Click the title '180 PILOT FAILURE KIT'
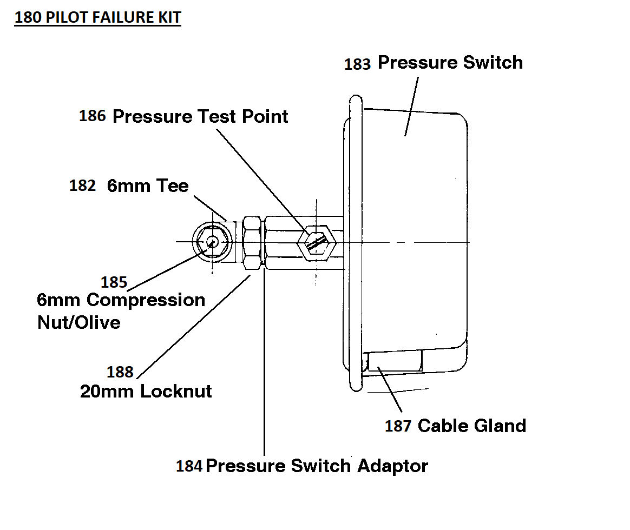[x=97, y=17]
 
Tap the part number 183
[x=357, y=64]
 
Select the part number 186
[x=92, y=116]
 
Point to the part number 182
[x=82, y=186]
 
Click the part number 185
[x=114, y=282]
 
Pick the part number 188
[x=120, y=372]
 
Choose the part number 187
[x=398, y=426]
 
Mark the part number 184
[x=189, y=466]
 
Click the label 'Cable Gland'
[x=472, y=426]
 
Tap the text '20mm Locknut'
[x=146, y=391]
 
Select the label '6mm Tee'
[x=147, y=186]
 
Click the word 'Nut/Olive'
[x=79, y=322]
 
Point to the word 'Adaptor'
[x=392, y=466]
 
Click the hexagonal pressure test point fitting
[x=316, y=243]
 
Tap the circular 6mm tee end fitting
[x=212, y=241]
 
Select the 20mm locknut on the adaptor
[x=252, y=242]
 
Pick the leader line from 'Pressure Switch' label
[x=411, y=107]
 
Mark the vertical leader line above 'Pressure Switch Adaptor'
[x=264, y=361]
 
